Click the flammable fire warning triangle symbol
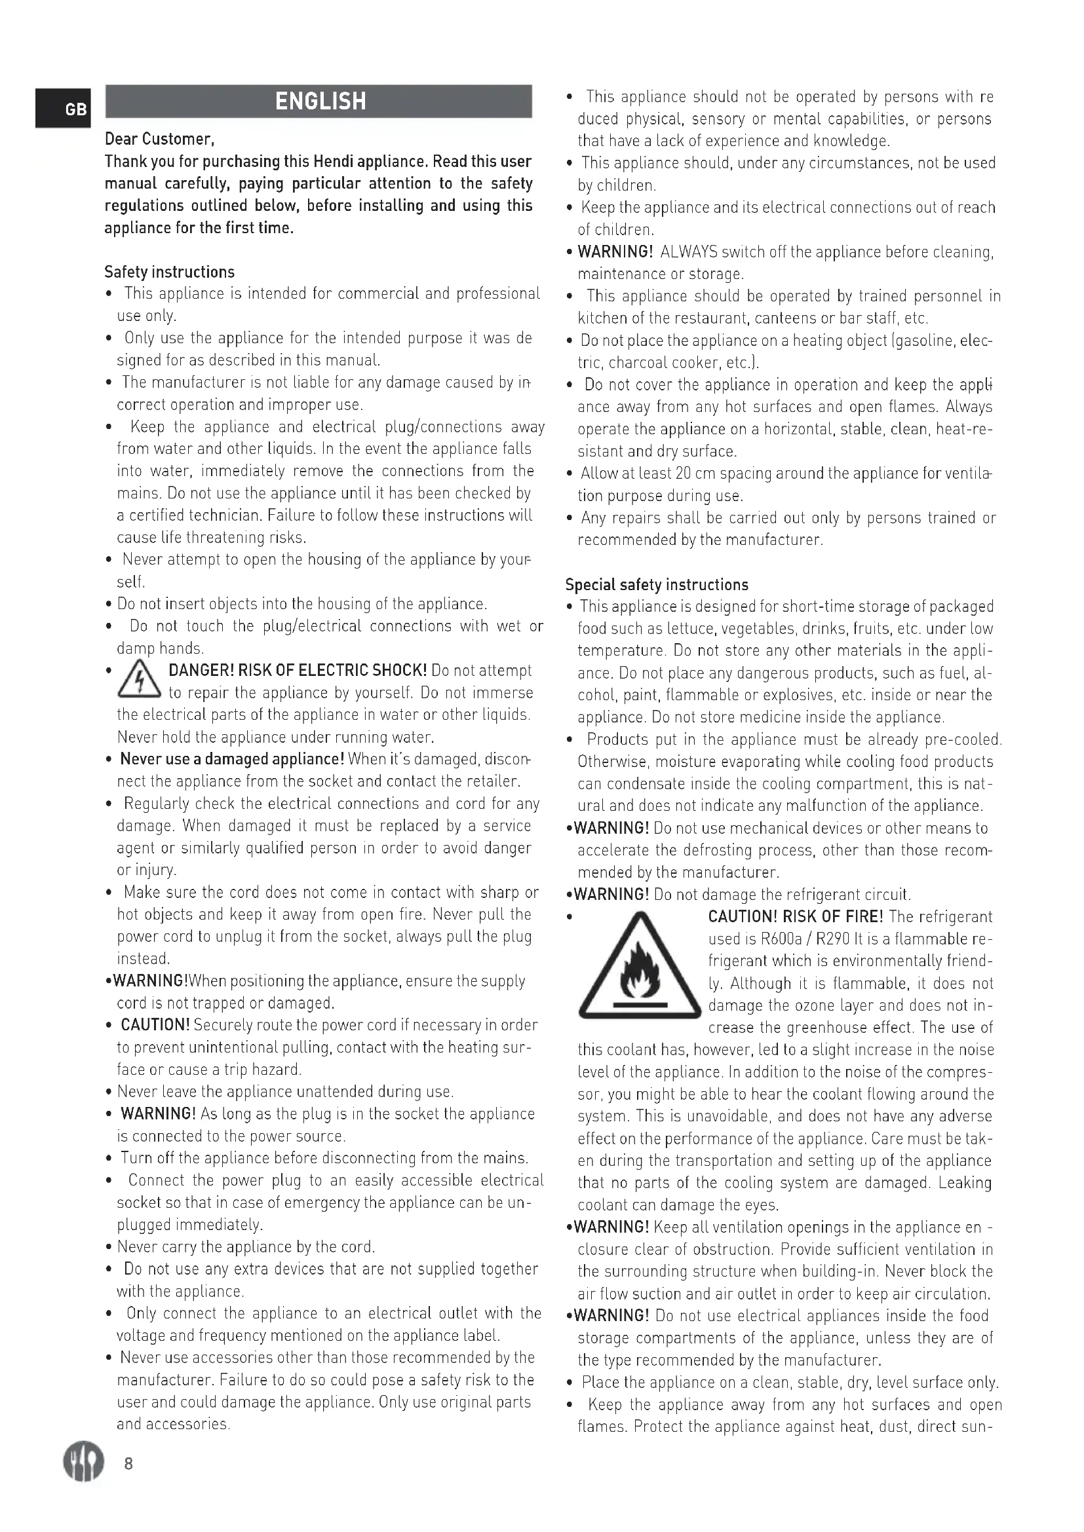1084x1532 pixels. (640, 968)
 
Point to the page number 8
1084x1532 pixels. (129, 1463)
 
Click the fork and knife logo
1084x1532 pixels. (83, 1461)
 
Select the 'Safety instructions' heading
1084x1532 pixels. (170, 272)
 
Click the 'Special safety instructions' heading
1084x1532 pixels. (656, 585)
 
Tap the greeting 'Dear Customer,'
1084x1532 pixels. (159, 140)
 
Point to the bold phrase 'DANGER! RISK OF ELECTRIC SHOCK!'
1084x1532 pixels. (298, 671)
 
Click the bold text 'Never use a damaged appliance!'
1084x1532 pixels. (232, 759)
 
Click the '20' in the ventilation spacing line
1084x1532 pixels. (683, 474)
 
